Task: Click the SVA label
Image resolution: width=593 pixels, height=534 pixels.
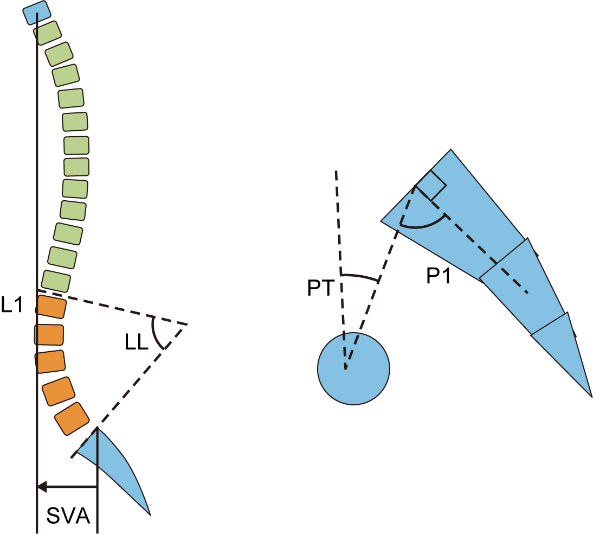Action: pyautogui.click(x=68, y=516)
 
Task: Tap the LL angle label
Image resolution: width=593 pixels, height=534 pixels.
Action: pyautogui.click(x=137, y=344)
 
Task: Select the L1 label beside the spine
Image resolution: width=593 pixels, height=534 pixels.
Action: pyautogui.click(x=12, y=305)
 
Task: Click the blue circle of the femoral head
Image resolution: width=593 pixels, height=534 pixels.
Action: pyautogui.click(x=353, y=367)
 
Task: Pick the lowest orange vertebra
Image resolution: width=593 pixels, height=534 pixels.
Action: pyautogui.click(x=72, y=418)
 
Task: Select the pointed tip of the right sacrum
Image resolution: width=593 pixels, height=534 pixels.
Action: pyautogui.click(x=590, y=394)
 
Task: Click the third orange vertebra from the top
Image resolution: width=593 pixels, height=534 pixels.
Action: pyautogui.click(x=50, y=361)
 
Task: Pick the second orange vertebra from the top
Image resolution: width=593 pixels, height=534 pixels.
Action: pyautogui.click(x=49, y=334)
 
